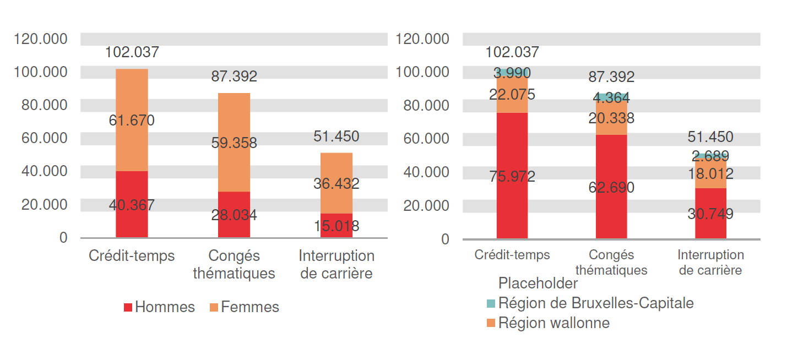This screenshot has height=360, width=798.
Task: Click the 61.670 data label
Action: [132, 121]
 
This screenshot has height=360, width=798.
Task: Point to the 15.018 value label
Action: [336, 226]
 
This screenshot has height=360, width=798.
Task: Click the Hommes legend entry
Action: [160, 307]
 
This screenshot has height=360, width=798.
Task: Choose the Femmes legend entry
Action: [244, 307]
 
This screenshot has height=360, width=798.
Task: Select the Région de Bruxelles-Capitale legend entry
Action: [590, 303]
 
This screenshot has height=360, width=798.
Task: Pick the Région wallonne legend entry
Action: [548, 323]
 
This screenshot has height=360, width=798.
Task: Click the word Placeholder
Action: [538, 283]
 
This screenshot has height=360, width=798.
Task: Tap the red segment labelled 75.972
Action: [512, 198]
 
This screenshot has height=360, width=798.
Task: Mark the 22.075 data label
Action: [512, 95]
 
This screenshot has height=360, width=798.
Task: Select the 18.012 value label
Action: [710, 174]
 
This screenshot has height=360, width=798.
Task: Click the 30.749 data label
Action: [710, 214]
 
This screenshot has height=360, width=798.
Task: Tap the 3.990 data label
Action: [512, 73]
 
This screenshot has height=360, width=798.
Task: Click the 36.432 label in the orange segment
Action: [336, 184]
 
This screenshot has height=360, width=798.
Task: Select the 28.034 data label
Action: [234, 215]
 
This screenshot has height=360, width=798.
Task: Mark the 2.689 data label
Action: [710, 156]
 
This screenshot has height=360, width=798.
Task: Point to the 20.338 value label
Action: [611, 118]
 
